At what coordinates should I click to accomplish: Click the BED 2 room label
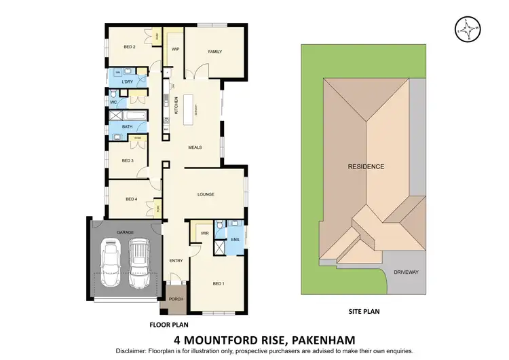(x=130, y=47)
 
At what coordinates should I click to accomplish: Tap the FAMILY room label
(x=215, y=52)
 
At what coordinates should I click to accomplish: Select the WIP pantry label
(x=174, y=49)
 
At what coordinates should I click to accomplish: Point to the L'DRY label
(x=128, y=82)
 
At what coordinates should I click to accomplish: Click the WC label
(x=114, y=103)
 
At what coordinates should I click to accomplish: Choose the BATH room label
(x=127, y=126)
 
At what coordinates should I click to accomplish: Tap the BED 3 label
(x=127, y=160)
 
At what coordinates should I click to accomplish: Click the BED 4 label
(x=132, y=199)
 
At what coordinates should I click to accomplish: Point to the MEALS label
(x=195, y=147)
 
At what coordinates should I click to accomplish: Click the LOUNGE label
(x=206, y=194)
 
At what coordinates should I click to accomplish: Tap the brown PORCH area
(x=176, y=297)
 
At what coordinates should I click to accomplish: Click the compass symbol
(x=467, y=29)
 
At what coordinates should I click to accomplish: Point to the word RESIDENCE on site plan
(x=366, y=166)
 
